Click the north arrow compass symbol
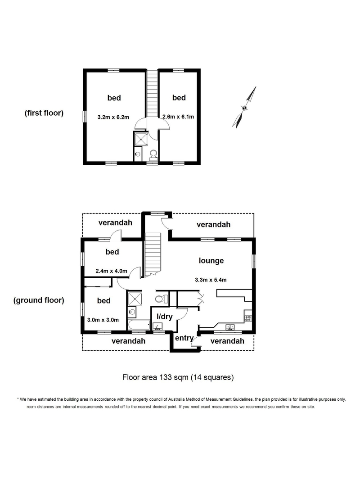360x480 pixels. click(244, 108)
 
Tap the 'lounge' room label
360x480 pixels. click(211, 261)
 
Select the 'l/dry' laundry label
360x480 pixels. click(165, 317)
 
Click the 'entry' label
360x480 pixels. click(184, 338)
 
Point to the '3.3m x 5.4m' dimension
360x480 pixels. click(211, 280)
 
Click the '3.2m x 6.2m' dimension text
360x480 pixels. click(113, 117)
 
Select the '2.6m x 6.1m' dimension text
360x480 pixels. click(178, 117)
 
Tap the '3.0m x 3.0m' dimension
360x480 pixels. click(103, 320)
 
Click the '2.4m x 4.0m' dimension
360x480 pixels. click(111, 271)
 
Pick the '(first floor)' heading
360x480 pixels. click(44, 113)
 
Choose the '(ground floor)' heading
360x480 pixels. click(39, 300)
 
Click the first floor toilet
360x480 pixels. click(153, 155)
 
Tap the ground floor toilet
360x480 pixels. click(162, 299)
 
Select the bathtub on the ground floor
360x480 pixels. click(139, 325)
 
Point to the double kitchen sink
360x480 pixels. click(230, 327)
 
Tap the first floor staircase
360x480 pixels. click(152, 93)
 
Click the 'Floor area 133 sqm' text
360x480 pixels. click(155, 377)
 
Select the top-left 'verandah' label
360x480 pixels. click(115, 222)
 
